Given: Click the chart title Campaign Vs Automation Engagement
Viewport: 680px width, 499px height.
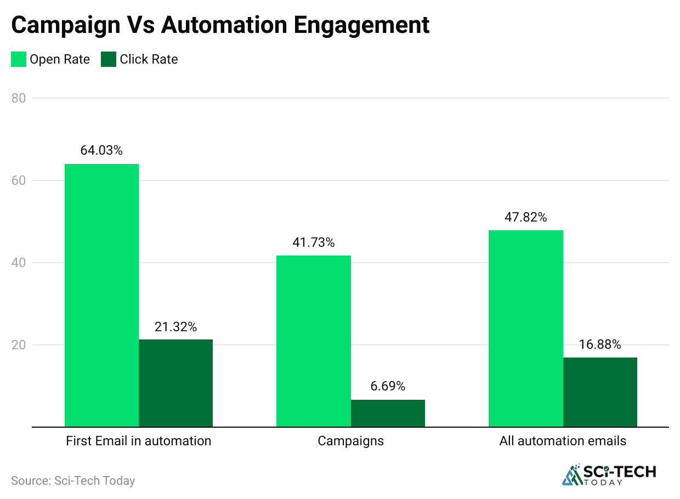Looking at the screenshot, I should [220, 25].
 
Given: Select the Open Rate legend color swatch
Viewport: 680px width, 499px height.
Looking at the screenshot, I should [19, 59].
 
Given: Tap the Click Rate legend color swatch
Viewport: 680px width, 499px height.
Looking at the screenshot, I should [109, 59].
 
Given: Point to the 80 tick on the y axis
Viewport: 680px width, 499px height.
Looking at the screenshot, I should [18, 98].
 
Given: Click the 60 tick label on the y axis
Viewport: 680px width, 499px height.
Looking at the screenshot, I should [18, 180].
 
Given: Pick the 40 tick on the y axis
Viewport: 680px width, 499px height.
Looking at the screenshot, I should [18, 263].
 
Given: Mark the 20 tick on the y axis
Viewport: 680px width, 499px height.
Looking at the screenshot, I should [18, 345].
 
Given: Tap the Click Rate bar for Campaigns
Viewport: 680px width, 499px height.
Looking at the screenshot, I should [388, 413].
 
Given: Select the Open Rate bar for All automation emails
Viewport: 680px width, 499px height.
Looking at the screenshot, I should [525, 328].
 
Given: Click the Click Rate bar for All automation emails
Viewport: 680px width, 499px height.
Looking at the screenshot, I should [600, 392].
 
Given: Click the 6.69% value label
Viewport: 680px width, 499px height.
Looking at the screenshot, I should [388, 387].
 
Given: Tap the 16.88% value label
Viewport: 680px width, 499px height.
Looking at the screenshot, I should [600, 345].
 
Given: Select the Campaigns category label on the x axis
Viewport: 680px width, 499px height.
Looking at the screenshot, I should [350, 441].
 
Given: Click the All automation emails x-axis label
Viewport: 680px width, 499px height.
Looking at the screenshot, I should [563, 441].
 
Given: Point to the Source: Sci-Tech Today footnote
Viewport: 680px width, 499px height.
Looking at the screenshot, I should [73, 481].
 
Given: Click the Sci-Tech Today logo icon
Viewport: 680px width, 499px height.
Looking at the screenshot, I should [573, 475].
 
